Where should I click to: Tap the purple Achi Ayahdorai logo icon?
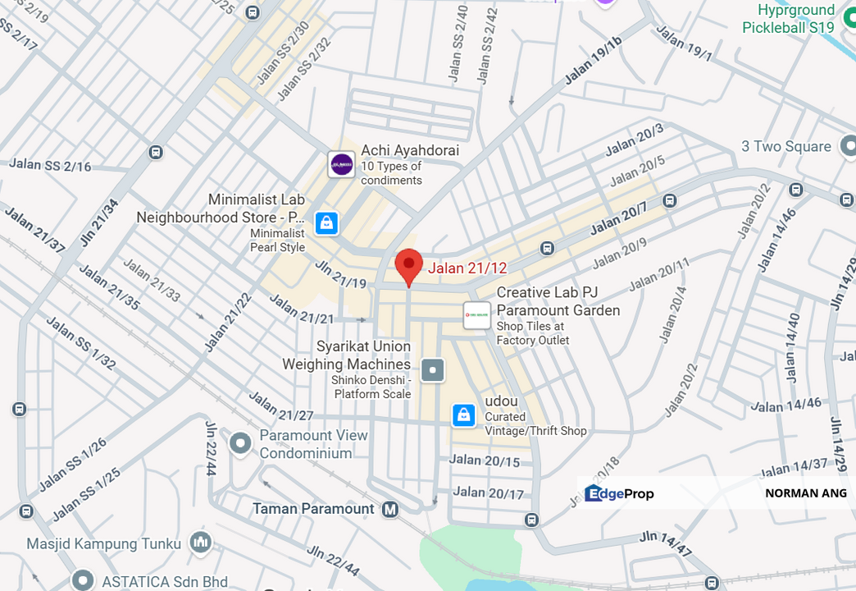(x=341, y=164)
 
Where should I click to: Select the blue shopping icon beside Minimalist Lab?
(x=326, y=222)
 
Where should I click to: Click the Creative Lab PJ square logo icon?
(x=476, y=315)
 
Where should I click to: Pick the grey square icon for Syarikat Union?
(x=433, y=370)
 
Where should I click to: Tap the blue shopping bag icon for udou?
(x=464, y=415)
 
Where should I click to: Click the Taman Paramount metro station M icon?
(x=390, y=509)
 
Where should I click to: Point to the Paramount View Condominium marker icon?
(x=240, y=444)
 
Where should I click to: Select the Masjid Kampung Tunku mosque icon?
(x=199, y=543)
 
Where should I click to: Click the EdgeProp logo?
(x=619, y=493)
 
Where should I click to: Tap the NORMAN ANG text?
(x=805, y=493)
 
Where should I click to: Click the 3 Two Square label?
(x=785, y=147)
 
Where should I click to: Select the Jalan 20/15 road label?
(x=485, y=460)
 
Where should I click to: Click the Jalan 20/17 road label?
(x=489, y=493)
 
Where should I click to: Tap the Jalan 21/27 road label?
(x=281, y=406)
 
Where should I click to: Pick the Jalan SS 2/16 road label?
(x=50, y=165)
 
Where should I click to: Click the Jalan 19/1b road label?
(x=594, y=61)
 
